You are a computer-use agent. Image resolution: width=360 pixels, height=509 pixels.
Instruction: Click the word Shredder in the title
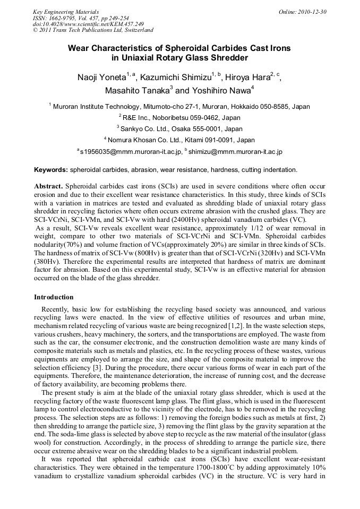[x=227, y=58]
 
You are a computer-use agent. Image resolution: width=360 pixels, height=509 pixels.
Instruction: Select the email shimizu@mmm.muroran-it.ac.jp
[x=235, y=152]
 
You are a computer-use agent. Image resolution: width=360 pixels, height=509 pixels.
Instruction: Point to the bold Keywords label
[x=51, y=170]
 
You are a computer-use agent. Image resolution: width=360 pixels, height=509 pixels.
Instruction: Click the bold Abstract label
[x=49, y=187]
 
